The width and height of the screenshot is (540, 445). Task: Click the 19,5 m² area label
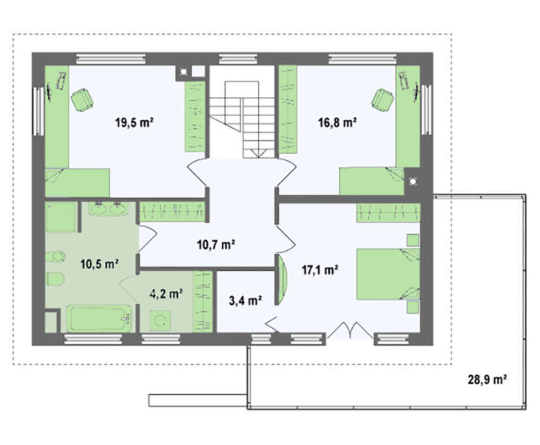(x=134, y=122)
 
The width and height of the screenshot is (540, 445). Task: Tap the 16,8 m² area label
(x=337, y=122)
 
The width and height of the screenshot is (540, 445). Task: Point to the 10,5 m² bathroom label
(x=99, y=264)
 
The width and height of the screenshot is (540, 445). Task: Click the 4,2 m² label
(x=166, y=294)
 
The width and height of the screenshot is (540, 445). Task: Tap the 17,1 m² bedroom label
(x=320, y=270)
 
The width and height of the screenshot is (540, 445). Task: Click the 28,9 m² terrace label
(x=487, y=380)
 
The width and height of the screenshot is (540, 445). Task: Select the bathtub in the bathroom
(x=99, y=318)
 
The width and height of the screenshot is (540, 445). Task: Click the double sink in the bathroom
(x=108, y=209)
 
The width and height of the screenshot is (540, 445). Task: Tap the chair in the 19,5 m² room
(x=82, y=99)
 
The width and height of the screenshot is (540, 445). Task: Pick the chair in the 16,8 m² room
(x=382, y=99)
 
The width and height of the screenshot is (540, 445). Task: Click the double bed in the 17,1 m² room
(x=388, y=274)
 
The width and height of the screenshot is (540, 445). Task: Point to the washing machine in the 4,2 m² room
(x=160, y=321)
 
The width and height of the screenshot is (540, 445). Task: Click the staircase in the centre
(x=242, y=119)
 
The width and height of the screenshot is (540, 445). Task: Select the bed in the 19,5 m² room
(x=77, y=183)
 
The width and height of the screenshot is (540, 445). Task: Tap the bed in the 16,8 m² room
(x=372, y=181)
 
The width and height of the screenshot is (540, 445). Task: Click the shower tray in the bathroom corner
(x=60, y=217)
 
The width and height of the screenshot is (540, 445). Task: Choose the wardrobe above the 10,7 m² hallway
(x=172, y=211)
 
